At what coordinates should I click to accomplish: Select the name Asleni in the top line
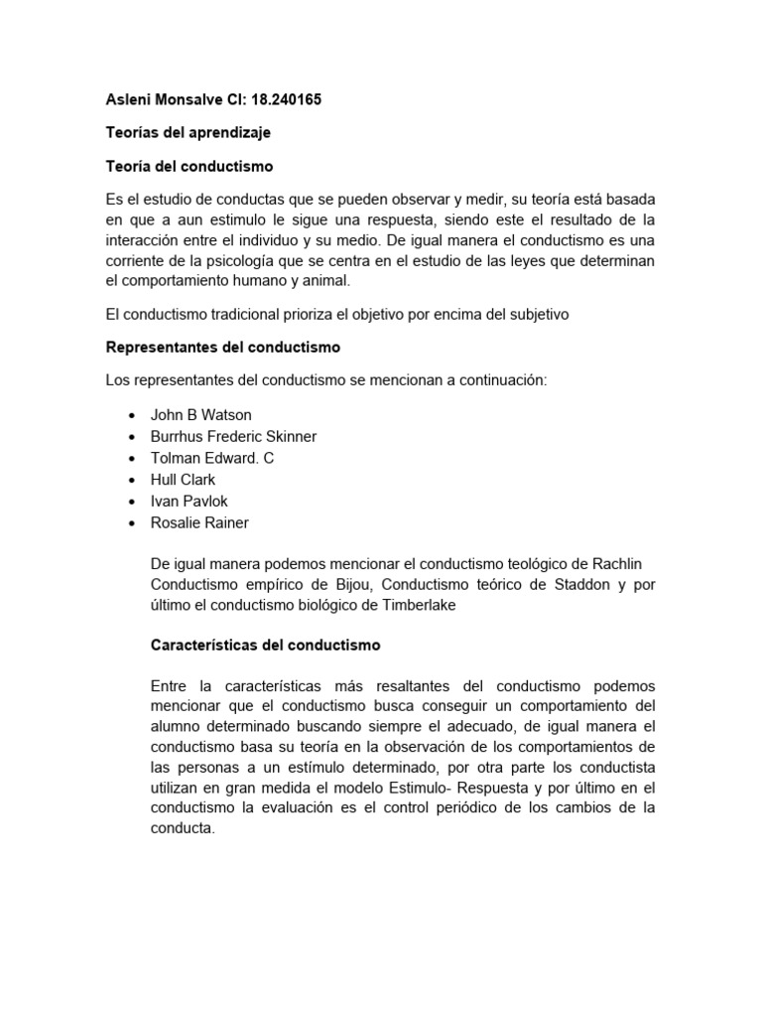129,100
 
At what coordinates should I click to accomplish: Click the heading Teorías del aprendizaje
188,132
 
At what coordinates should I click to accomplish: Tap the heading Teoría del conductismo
189,166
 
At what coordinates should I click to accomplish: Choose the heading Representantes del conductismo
222,348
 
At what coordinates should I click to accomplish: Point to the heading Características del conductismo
265,645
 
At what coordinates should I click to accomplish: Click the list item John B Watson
200,415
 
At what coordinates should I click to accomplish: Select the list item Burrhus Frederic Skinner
233,437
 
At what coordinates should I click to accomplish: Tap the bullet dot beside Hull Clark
133,480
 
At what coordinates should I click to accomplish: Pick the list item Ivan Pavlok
189,502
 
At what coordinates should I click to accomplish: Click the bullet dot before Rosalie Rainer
133,523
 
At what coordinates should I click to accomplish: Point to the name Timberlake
415,606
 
